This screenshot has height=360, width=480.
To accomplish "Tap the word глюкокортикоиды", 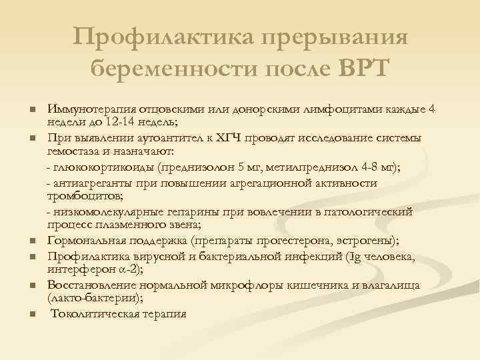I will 102,166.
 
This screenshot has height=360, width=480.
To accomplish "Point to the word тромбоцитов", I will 77,195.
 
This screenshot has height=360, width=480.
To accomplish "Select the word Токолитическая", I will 95,314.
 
